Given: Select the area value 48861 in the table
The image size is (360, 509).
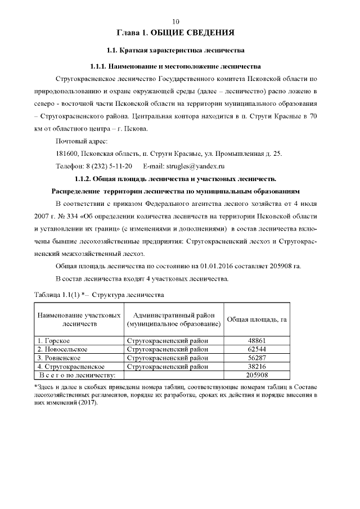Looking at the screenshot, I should coord(256,341).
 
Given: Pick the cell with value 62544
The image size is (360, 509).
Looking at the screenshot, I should coord(256,349).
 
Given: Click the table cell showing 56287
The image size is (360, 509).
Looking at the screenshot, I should coord(256,358).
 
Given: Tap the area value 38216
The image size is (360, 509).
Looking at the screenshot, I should coord(256,366).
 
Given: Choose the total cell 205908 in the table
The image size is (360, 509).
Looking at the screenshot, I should coord(256,375).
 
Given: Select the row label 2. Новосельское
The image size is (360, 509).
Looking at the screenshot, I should coord(62,349).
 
